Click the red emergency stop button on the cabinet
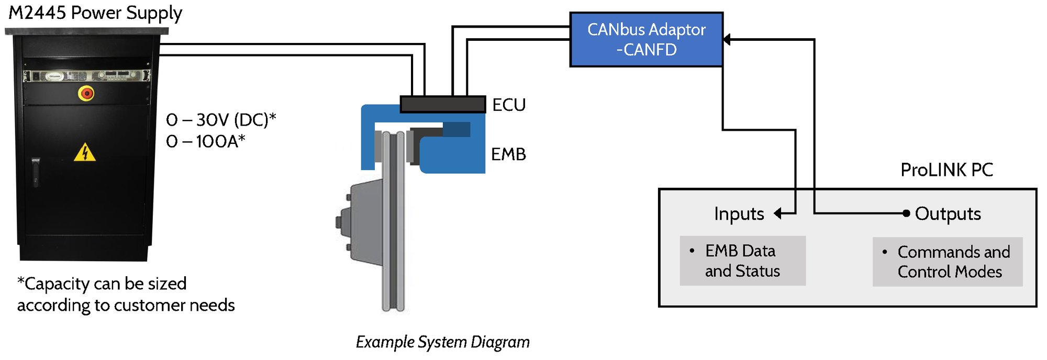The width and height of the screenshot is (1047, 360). (x=86, y=94)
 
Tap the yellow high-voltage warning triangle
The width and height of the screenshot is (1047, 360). (x=85, y=153)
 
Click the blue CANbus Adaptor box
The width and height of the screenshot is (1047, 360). (x=646, y=40)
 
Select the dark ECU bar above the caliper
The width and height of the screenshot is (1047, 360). (x=443, y=104)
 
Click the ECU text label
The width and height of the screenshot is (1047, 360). (x=509, y=105)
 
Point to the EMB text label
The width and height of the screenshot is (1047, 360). (x=508, y=154)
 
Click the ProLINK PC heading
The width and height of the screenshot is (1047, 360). (x=946, y=170)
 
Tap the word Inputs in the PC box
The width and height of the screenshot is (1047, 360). (x=739, y=213)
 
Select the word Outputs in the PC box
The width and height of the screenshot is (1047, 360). (x=948, y=213)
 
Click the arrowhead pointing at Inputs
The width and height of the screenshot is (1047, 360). (x=778, y=213)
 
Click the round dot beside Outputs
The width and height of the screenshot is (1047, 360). (x=906, y=213)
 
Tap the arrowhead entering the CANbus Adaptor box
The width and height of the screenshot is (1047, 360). (x=727, y=39)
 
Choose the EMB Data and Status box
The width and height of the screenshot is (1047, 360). (x=742, y=261)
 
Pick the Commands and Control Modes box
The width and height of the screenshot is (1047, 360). (x=948, y=262)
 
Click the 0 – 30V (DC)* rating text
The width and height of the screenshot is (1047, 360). (x=221, y=120)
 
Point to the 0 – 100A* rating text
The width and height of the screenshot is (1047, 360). (x=205, y=141)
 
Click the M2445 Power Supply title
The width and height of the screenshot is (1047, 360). (x=95, y=13)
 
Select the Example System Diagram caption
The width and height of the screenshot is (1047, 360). (x=442, y=342)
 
